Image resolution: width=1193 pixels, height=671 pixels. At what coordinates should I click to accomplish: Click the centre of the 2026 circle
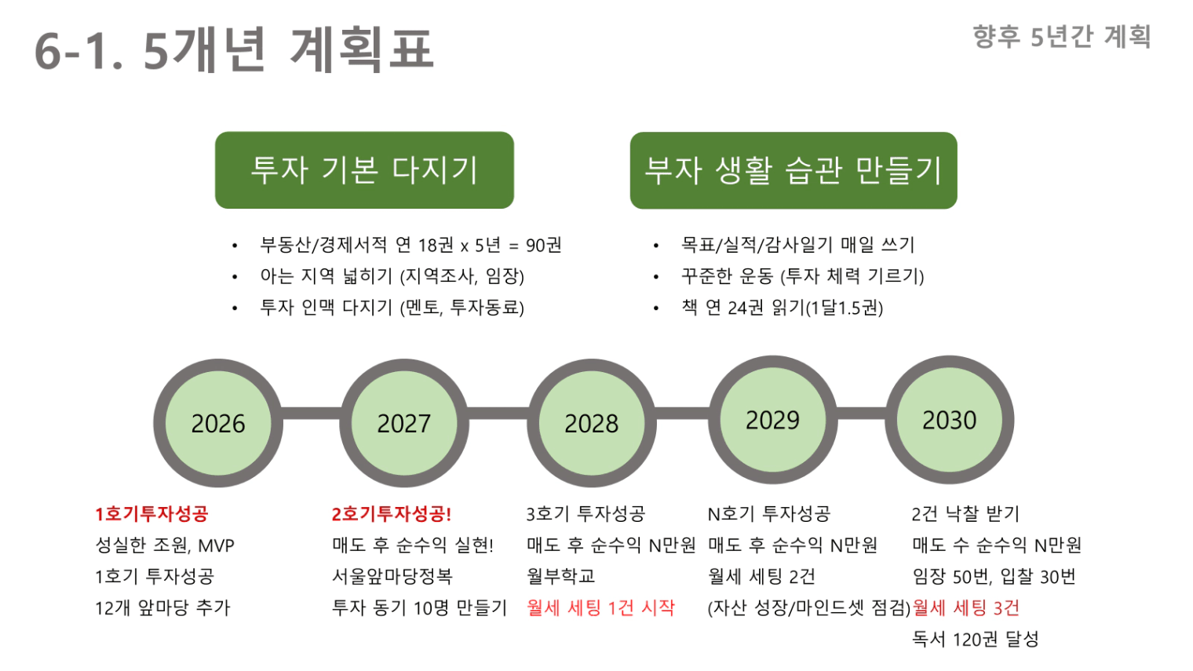(x=218, y=423)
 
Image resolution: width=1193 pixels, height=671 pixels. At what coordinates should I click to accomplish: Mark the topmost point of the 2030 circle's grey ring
(x=950, y=356)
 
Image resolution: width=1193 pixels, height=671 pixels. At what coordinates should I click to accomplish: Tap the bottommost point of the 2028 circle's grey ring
(x=592, y=488)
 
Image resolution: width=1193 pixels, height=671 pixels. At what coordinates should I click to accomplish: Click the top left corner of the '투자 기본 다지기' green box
(x=215, y=132)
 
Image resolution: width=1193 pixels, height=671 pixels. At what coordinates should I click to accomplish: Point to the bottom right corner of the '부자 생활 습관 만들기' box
(x=957, y=209)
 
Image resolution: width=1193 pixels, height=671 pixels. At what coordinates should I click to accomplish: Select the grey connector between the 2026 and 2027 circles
(x=312, y=414)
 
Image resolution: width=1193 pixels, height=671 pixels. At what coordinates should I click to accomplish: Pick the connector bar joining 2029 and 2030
(x=861, y=414)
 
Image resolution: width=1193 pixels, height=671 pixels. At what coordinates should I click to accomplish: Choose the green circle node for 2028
(x=592, y=423)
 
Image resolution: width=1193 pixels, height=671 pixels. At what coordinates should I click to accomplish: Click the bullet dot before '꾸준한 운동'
(x=656, y=277)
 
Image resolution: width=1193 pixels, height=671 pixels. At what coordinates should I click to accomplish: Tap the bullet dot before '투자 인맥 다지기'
(x=235, y=308)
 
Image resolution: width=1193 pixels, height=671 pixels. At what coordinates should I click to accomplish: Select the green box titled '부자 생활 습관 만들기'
(x=794, y=170)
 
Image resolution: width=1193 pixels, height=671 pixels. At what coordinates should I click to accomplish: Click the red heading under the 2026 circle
(x=151, y=514)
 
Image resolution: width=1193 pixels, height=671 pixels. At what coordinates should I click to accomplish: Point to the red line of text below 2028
(x=600, y=607)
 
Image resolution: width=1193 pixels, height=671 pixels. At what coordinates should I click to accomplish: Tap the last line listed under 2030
(x=976, y=639)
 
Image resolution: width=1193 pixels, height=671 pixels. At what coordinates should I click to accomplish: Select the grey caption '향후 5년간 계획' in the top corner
(x=1062, y=37)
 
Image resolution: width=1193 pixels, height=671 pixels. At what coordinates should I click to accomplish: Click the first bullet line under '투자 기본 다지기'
(x=410, y=245)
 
